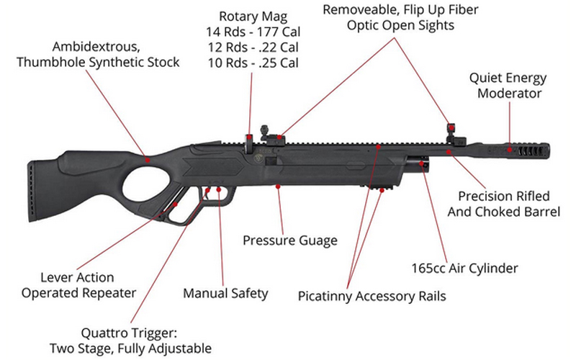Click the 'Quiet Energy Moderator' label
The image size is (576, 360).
[x=508, y=85]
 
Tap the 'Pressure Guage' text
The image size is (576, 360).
[x=289, y=240]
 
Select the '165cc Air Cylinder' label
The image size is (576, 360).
[x=472, y=269]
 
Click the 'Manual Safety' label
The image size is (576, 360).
[x=225, y=293]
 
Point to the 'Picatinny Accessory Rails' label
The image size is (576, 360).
[x=372, y=296]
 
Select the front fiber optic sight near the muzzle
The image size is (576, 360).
[x=451, y=130]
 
